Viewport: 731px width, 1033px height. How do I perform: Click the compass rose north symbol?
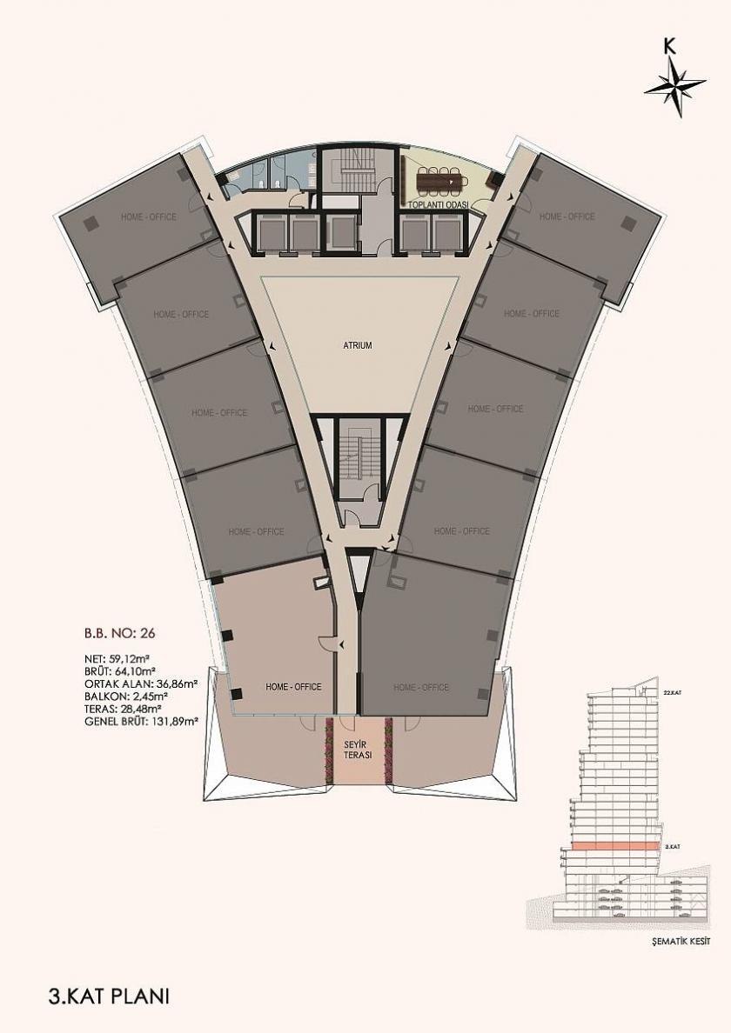[674, 83]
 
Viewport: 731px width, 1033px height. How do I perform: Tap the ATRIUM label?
[357, 345]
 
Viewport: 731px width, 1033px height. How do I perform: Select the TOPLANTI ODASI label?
[439, 204]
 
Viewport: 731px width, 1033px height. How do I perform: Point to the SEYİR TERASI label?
[357, 748]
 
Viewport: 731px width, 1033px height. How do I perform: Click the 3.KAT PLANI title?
[110, 995]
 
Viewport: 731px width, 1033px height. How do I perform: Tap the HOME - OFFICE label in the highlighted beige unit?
[293, 687]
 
